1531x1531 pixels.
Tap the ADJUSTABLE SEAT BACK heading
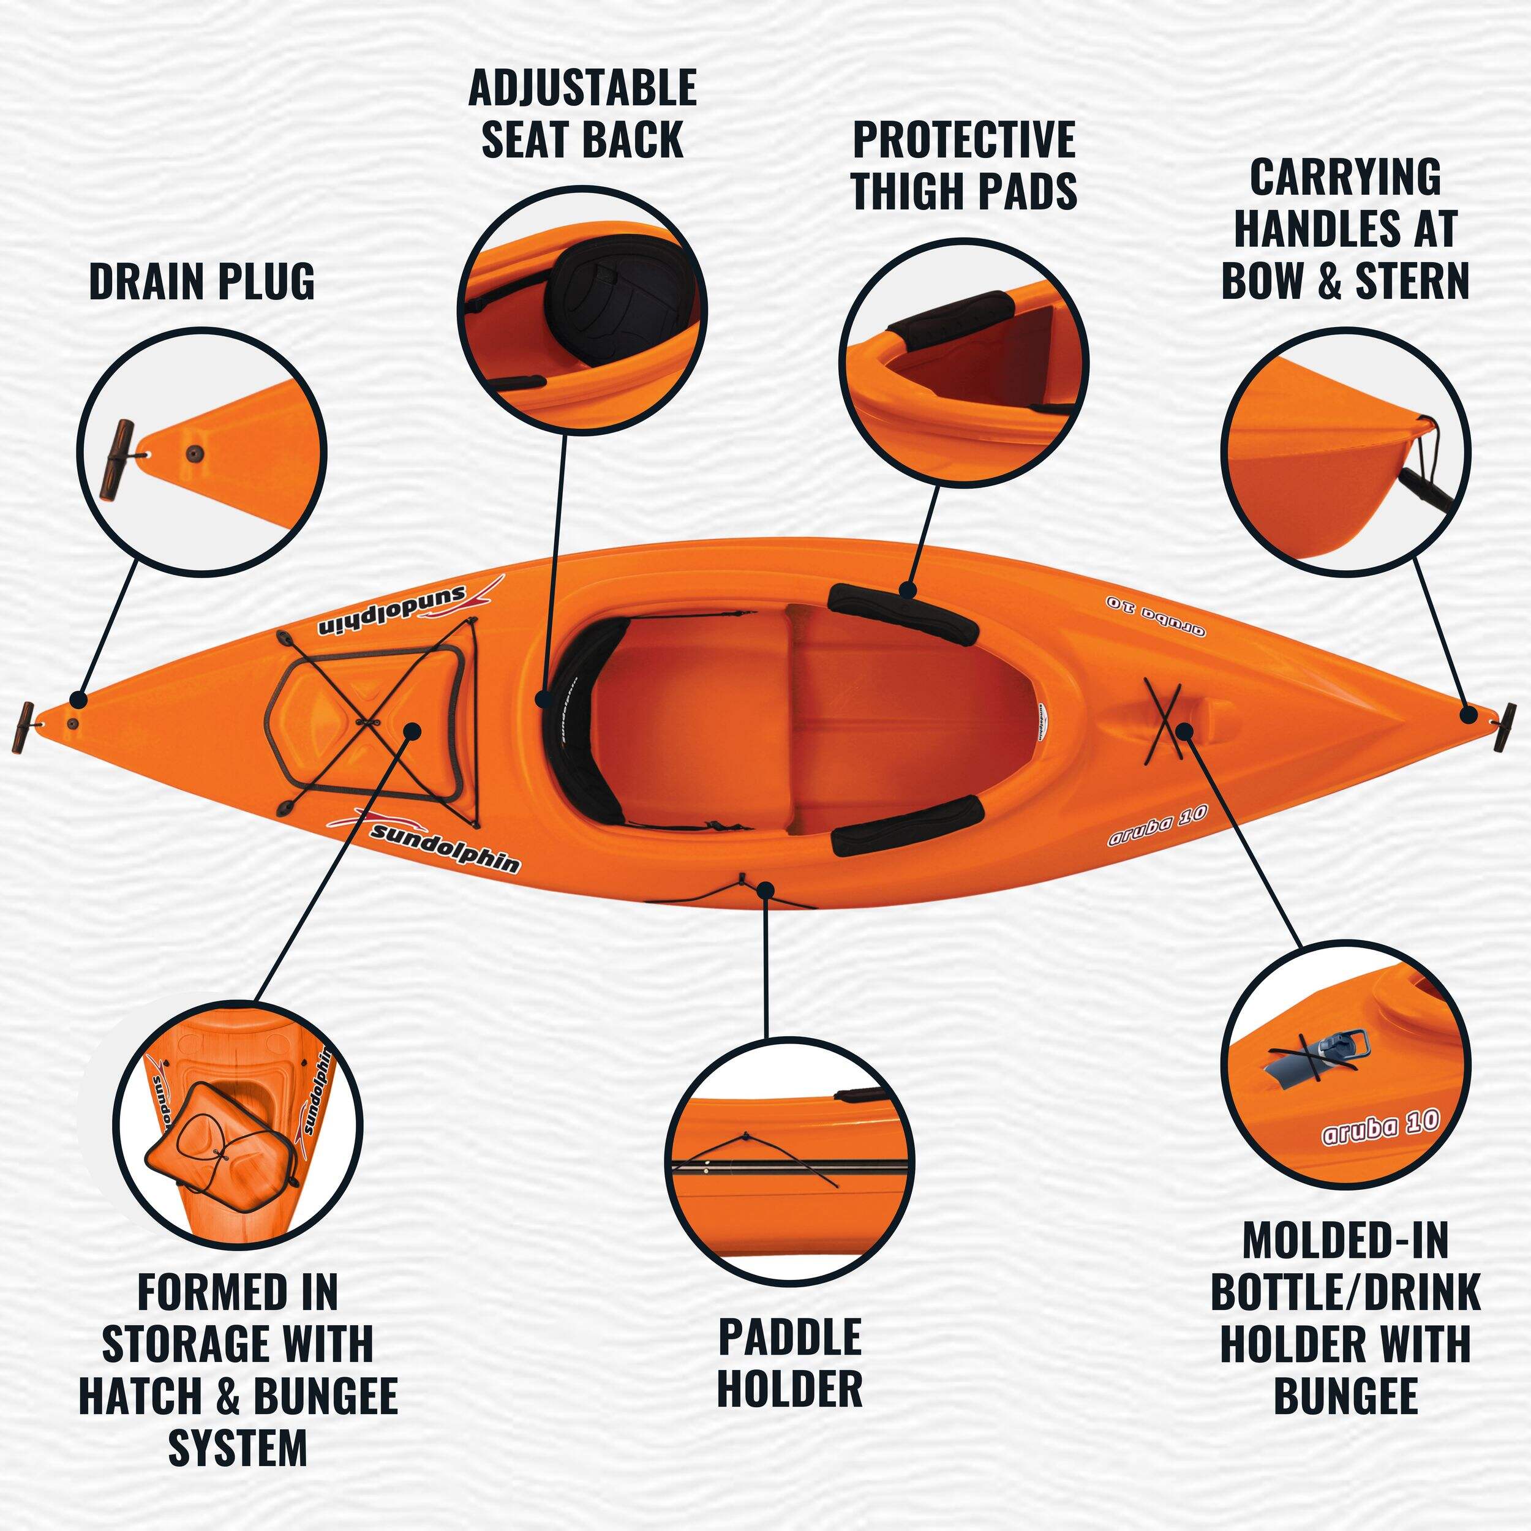click(582, 113)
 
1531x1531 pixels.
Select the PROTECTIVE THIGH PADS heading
click(965, 165)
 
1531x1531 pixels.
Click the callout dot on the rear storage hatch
click(412, 730)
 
